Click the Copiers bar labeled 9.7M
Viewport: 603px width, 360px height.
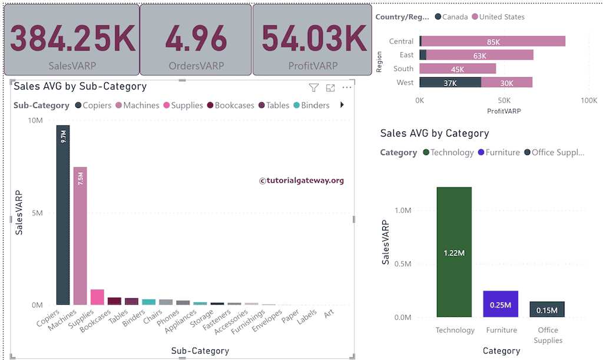[x=63, y=215]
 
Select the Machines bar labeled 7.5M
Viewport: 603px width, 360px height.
[x=80, y=236]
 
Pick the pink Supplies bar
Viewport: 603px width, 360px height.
[x=97, y=297]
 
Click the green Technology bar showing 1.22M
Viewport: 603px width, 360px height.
[x=454, y=252]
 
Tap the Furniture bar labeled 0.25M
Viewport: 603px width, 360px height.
[x=501, y=304]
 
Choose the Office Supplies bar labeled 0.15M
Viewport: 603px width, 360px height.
[x=547, y=309]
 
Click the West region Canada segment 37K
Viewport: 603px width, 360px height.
[x=450, y=82]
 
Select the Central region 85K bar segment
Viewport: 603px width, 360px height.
[x=493, y=41]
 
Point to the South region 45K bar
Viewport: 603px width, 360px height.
[x=458, y=69]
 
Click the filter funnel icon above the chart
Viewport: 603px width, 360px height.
[x=314, y=88]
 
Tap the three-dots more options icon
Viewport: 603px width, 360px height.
[x=347, y=88]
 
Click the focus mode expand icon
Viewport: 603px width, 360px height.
[x=330, y=88]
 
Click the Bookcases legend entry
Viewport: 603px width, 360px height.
[x=229, y=105]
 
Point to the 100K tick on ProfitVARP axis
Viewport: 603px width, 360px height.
[x=588, y=101]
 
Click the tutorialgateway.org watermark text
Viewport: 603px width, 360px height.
[x=301, y=181]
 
